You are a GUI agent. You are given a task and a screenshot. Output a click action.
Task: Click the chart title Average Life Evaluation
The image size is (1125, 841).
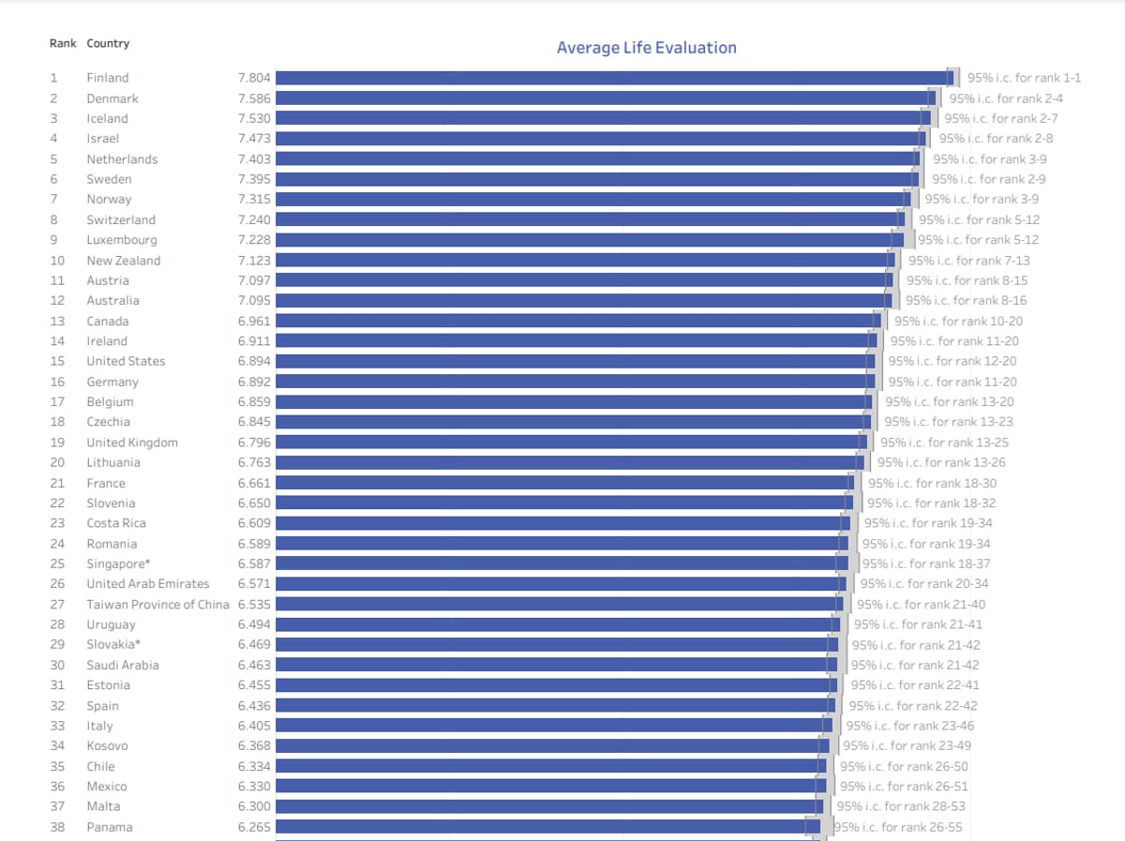coord(646,48)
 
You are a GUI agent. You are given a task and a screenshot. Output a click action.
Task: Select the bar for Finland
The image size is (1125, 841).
coord(614,78)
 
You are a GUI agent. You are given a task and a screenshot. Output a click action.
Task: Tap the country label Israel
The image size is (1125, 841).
coord(103,139)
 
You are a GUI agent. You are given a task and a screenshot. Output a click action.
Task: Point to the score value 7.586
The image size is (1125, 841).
coord(254,98)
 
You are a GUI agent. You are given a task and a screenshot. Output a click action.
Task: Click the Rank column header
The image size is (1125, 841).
coord(63,44)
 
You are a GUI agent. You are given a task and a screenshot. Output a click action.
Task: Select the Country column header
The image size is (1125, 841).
coord(108,44)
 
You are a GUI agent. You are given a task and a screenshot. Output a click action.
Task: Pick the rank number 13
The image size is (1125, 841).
coord(57,322)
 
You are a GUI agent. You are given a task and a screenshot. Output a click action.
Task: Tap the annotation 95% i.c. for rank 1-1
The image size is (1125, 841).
coord(1024,78)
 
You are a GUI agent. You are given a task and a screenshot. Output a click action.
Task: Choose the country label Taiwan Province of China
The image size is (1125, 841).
coord(157,605)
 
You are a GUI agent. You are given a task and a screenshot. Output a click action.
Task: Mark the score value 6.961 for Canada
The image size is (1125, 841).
coord(254,322)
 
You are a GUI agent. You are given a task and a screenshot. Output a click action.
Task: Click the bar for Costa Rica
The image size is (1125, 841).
coord(562,523)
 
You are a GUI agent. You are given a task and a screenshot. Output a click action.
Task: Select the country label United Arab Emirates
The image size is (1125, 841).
coord(148,584)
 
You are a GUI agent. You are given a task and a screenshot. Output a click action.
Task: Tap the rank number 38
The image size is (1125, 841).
coord(57,827)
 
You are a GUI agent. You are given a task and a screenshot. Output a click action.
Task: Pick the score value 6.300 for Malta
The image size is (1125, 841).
coord(254,806)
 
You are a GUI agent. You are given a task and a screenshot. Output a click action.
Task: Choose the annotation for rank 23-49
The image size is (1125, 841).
coord(907,746)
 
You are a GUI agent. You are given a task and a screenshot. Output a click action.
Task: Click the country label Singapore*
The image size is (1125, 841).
coord(118,564)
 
